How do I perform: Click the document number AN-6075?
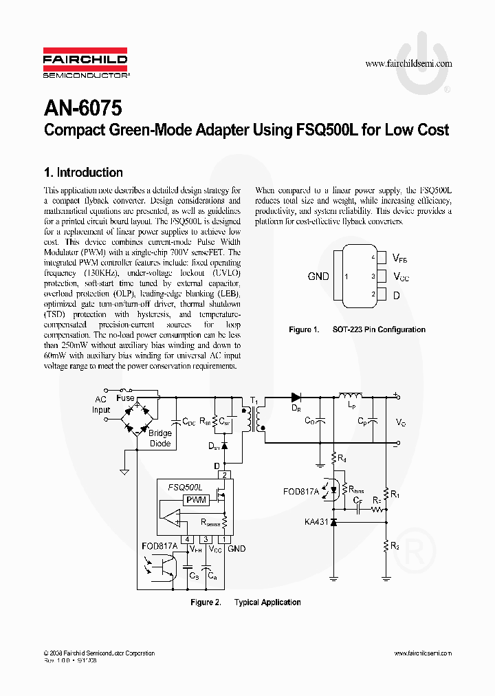click(x=82, y=108)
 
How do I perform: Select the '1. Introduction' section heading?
click(x=82, y=173)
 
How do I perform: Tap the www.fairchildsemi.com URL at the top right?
click(x=408, y=63)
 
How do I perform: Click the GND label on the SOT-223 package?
click(x=318, y=276)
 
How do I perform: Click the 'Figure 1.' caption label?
click(x=304, y=329)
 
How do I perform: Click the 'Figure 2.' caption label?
click(x=206, y=602)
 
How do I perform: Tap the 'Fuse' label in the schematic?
click(x=126, y=398)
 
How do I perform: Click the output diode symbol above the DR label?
click(x=296, y=397)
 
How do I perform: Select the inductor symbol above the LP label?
click(x=351, y=395)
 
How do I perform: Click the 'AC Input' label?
click(x=101, y=404)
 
